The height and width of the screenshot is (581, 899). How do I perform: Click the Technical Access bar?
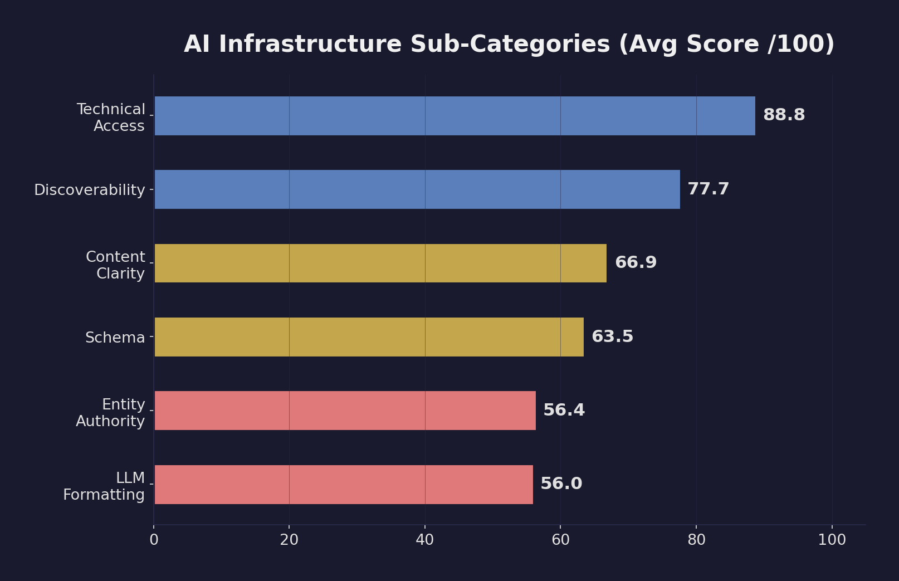455,116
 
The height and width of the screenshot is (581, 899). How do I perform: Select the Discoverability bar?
417,189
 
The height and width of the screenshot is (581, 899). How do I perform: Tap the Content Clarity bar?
380,263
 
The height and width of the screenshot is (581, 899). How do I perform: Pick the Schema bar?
369,337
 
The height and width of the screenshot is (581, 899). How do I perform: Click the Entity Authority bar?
345,411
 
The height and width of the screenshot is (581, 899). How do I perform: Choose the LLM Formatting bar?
343,484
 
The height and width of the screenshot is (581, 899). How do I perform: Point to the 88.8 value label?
784,115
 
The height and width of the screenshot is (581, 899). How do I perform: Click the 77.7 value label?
708,189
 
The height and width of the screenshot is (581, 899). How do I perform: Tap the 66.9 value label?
636,263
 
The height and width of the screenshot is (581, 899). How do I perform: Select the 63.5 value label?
612,337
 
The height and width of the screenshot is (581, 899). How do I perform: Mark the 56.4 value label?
564,411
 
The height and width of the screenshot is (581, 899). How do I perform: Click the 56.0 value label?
561,484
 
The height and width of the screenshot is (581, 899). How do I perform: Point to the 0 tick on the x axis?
154,540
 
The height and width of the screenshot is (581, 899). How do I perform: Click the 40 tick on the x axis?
425,540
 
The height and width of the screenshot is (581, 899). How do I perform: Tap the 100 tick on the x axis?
832,540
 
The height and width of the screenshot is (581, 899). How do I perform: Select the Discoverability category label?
90,191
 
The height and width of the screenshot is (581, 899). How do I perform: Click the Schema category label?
115,338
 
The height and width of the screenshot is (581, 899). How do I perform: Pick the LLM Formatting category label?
104,486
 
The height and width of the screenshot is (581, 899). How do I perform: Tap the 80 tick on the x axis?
696,540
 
